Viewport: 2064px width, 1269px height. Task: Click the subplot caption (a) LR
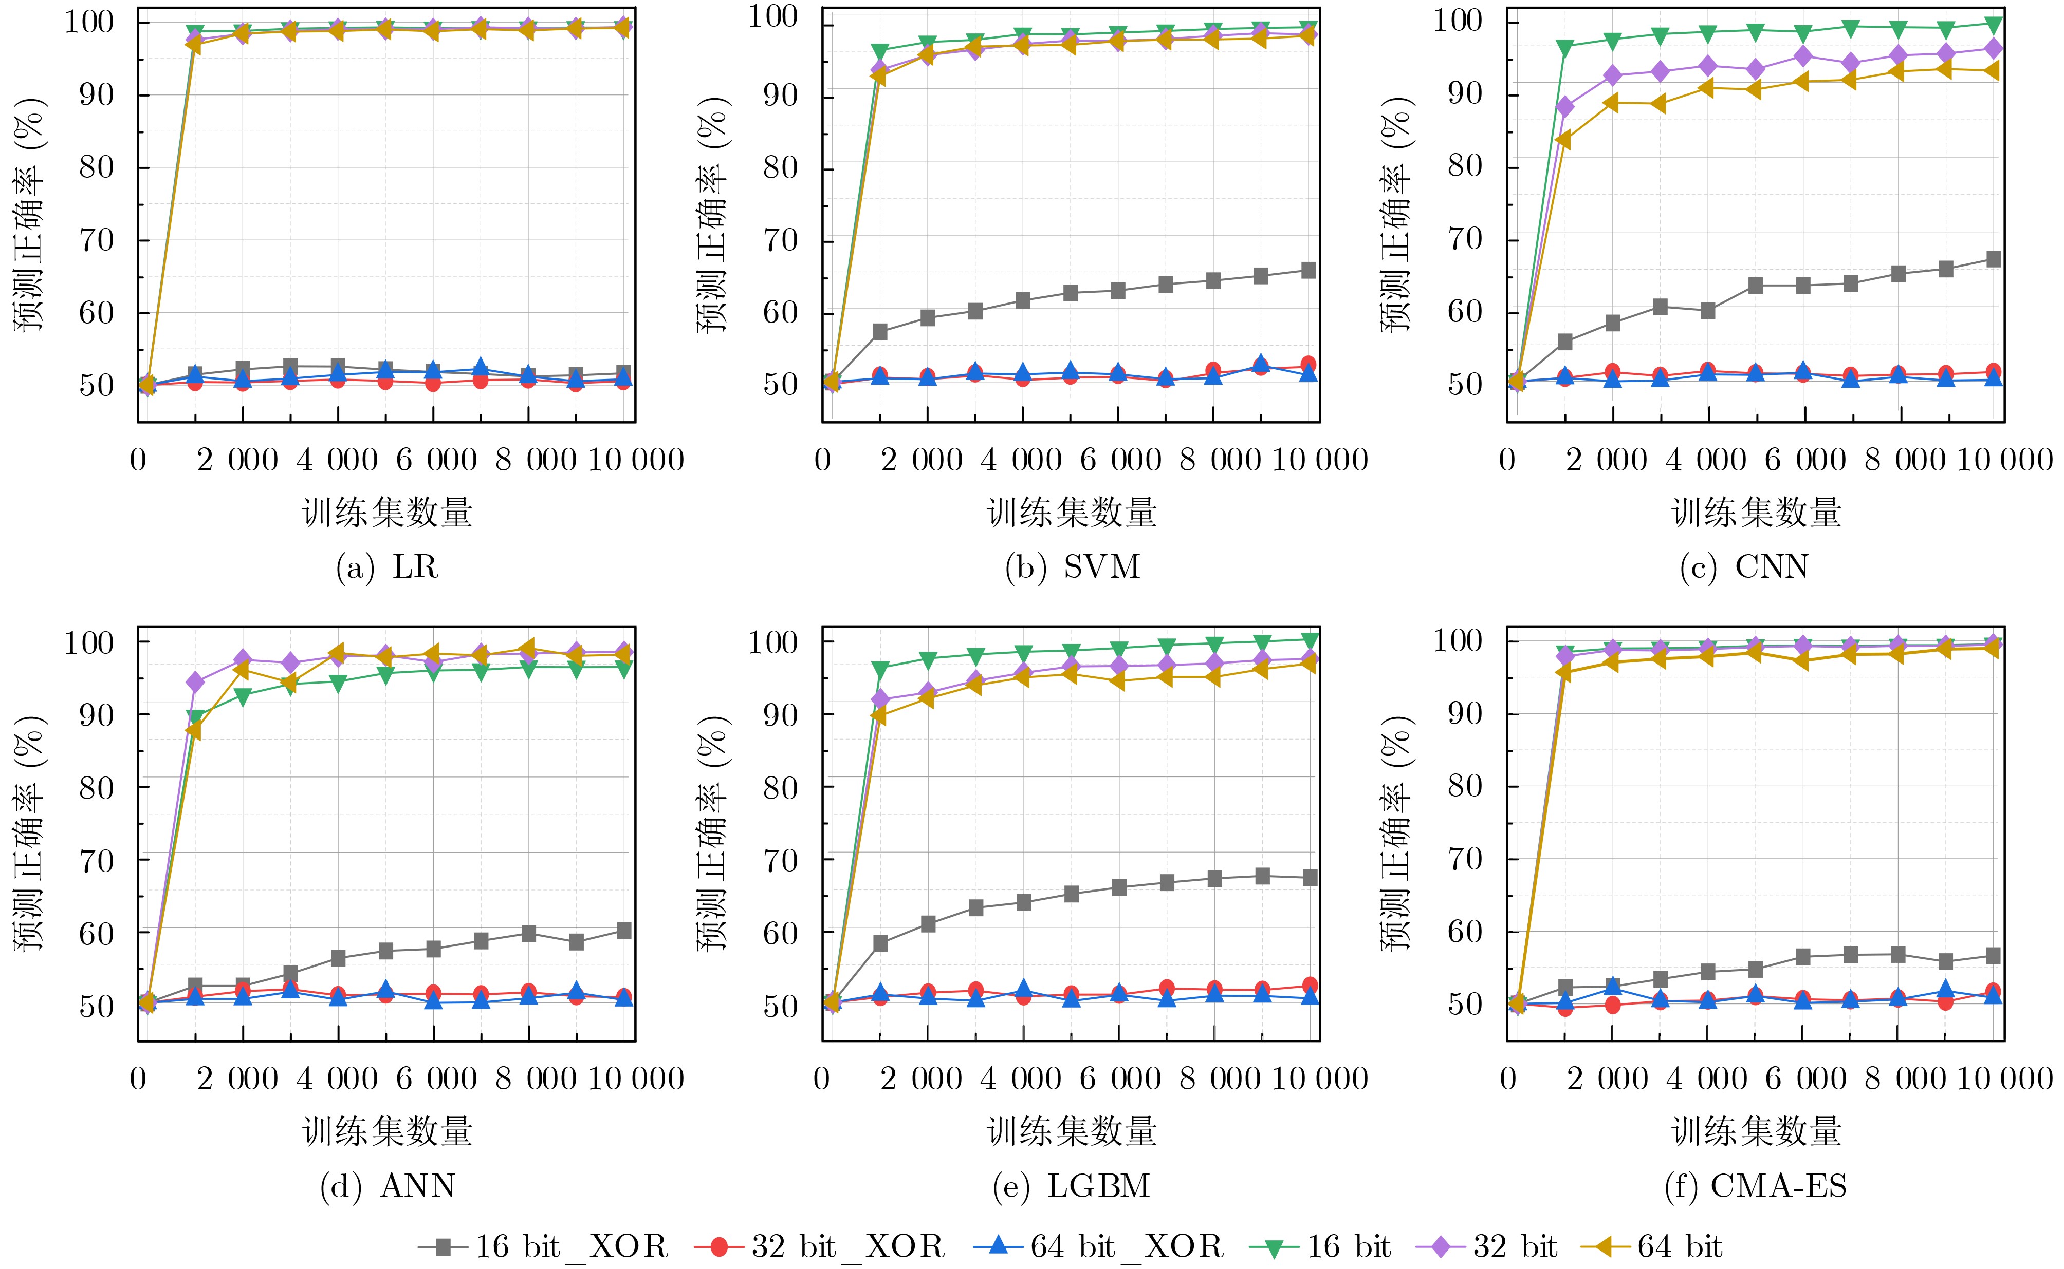click(387, 567)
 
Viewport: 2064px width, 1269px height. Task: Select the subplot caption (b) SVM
click(1072, 567)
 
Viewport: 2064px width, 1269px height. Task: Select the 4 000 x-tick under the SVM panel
click(1022, 460)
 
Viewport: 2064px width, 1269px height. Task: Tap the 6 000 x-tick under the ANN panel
click(435, 1078)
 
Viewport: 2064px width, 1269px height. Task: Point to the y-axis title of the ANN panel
click(30, 834)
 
